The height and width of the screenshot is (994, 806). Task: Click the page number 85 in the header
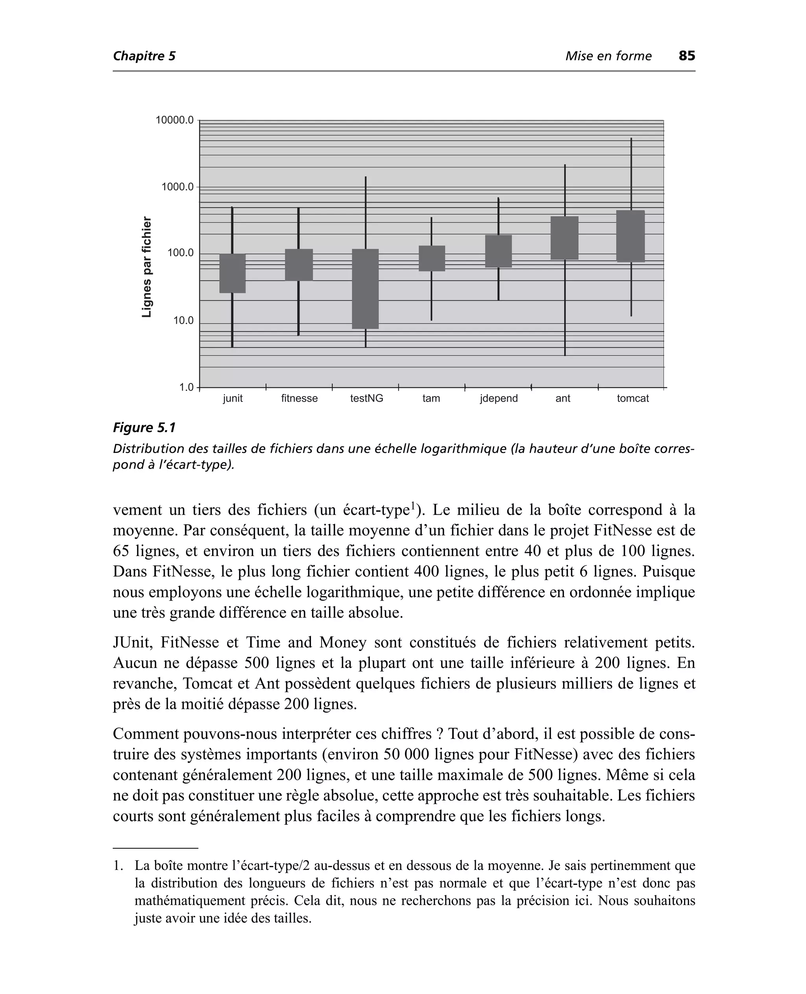coord(687,56)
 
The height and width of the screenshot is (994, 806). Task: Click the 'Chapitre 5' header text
coord(144,56)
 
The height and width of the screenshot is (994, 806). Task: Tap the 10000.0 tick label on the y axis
coord(174,120)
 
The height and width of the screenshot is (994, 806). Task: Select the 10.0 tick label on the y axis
coord(183,321)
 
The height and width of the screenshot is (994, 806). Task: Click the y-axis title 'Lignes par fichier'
coord(147,267)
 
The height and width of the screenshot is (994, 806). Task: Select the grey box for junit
coord(232,273)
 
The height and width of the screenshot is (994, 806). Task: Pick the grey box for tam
coord(431,258)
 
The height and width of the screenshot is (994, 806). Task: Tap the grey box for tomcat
coord(630,236)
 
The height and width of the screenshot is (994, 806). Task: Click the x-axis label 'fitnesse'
coord(299,399)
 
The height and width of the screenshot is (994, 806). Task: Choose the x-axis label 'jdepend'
coord(499,399)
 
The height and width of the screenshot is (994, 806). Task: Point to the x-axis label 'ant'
coord(562,399)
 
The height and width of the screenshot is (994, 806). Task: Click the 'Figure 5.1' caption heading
coord(144,428)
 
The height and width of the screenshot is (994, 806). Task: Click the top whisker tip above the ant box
coord(565,165)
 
